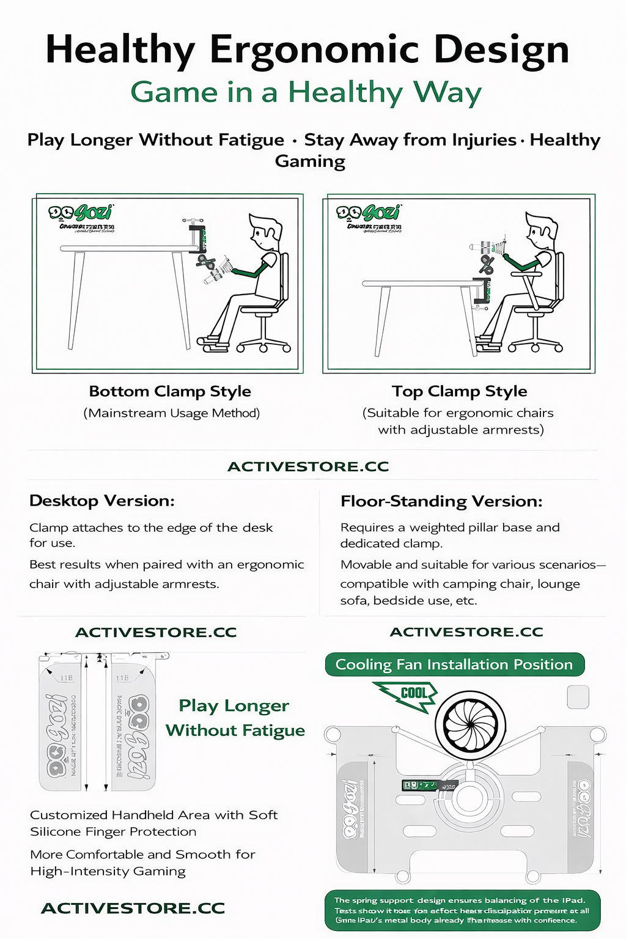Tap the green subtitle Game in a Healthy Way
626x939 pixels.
pyautogui.click(x=306, y=92)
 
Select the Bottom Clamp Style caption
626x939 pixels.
pyautogui.click(x=170, y=391)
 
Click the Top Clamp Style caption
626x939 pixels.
pyautogui.click(x=460, y=391)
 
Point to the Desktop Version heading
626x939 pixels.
pyautogui.click(x=102, y=501)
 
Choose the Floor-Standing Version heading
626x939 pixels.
pyautogui.click(x=441, y=501)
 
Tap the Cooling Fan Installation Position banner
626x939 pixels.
pyautogui.click(x=454, y=665)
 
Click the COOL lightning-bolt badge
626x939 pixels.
pyautogui.click(x=410, y=696)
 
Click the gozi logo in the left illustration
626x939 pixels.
pyautogui.click(x=81, y=213)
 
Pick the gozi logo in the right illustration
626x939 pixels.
pyautogui.click(x=368, y=213)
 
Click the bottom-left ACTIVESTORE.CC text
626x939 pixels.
pyautogui.click(x=133, y=908)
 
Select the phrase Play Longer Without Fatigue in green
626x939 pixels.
pyautogui.click(x=235, y=718)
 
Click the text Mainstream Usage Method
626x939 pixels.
pyautogui.click(x=172, y=413)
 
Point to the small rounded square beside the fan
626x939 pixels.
pyautogui.click(x=578, y=697)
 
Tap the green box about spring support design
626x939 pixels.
pyautogui.click(x=462, y=910)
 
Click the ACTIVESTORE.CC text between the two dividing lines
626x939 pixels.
pyautogui.click(x=308, y=466)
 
